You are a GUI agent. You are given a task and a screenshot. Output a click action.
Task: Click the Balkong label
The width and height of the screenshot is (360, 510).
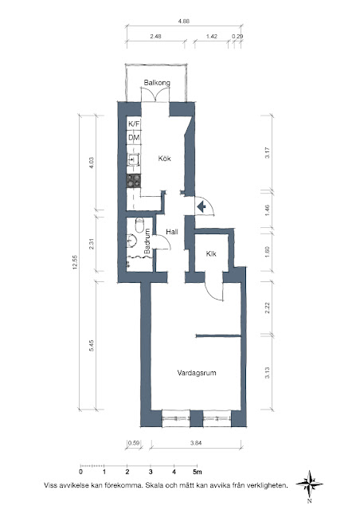pyautogui.click(x=157, y=83)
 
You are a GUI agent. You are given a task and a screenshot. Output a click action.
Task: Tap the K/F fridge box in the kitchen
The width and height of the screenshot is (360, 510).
pyautogui.click(x=134, y=124)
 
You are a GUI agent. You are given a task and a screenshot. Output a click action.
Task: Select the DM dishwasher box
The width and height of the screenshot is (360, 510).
pyautogui.click(x=134, y=138)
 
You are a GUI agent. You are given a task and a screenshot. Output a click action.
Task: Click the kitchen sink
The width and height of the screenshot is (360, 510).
pyautogui.click(x=133, y=159)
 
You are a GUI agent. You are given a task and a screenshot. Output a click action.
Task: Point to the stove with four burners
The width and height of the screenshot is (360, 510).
pyautogui.click(x=134, y=181)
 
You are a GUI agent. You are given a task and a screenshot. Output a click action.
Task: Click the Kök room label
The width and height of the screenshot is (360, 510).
pyautogui.click(x=165, y=159)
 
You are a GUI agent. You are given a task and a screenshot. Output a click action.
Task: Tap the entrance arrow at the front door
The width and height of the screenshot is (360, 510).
pyautogui.click(x=202, y=206)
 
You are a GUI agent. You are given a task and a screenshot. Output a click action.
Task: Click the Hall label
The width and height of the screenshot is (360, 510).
pyautogui.click(x=172, y=232)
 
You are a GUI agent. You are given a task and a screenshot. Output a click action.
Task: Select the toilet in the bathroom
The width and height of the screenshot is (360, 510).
pyautogui.click(x=139, y=225)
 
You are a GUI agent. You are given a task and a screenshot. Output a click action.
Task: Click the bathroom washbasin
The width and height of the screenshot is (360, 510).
pyautogui.click(x=132, y=241)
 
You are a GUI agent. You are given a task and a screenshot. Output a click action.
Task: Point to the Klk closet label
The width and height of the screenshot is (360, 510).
pyautogui.click(x=211, y=253)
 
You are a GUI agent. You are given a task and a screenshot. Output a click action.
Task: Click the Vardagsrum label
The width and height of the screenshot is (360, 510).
pyautogui.click(x=197, y=373)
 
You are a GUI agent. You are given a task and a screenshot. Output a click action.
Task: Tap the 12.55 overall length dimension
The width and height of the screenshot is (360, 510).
pyautogui.click(x=75, y=262)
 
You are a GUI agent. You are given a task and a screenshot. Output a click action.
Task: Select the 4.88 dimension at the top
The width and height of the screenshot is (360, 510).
pyautogui.click(x=183, y=22)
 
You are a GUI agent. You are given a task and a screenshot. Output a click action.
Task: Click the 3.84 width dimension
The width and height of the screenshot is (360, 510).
pyautogui.click(x=196, y=443)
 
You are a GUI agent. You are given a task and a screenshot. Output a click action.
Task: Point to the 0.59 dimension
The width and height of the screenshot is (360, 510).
pyautogui.click(x=134, y=443)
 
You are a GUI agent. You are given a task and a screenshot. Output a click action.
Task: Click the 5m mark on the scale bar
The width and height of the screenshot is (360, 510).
pyautogui.click(x=197, y=472)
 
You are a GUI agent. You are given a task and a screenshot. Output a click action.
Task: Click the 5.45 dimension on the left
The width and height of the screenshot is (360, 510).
pyautogui.click(x=92, y=345)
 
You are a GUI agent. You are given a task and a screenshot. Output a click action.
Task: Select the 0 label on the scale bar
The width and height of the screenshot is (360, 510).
pyautogui.click(x=80, y=472)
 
